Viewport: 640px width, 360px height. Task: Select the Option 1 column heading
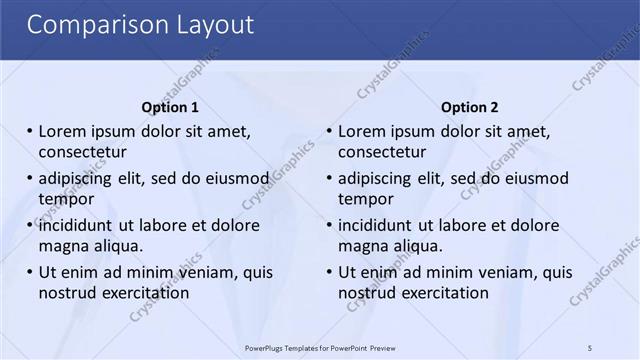tap(170, 107)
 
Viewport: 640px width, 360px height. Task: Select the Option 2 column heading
tap(469, 107)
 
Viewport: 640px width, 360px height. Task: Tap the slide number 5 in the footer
tap(590, 347)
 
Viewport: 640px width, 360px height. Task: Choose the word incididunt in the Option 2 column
tap(376, 225)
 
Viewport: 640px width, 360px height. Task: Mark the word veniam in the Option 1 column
tap(212, 272)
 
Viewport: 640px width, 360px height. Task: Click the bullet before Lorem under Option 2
tap(329, 131)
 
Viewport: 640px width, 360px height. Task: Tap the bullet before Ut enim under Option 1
tap(29, 272)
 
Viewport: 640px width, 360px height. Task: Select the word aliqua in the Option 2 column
tap(419, 246)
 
